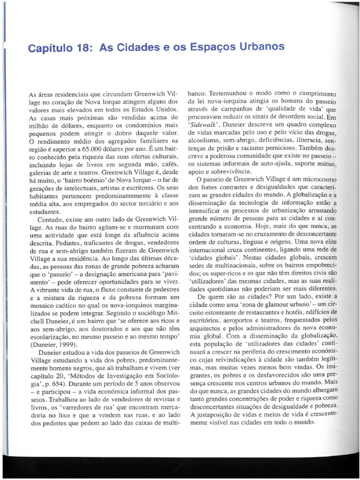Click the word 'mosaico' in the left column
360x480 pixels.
click(42, 305)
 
